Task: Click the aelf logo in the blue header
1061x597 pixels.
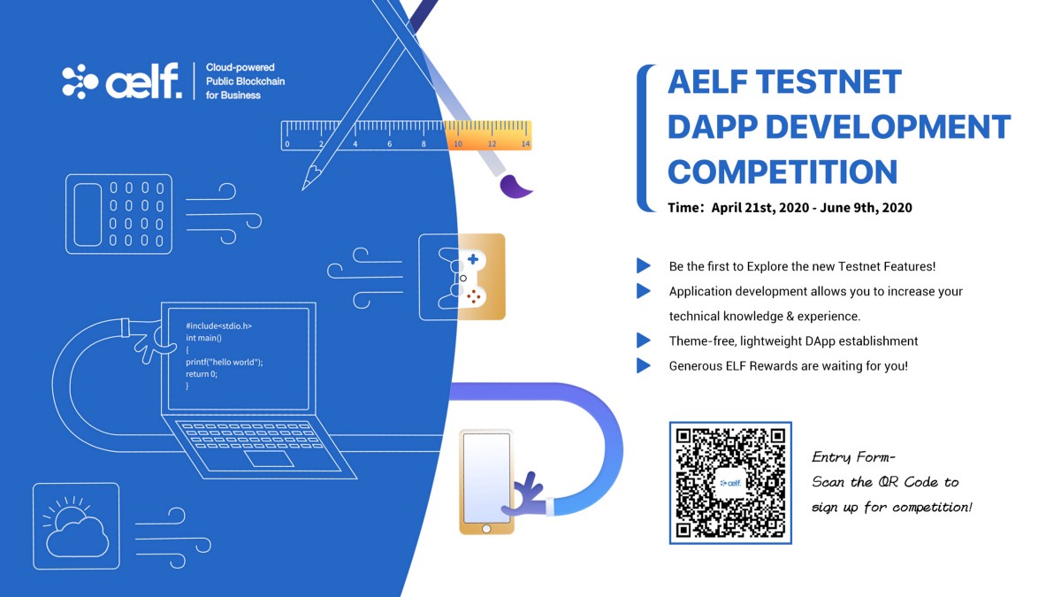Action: point(122,81)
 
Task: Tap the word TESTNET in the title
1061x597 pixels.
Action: point(829,81)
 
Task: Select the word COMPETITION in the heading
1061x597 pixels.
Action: point(782,172)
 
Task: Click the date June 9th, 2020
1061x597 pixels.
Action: point(866,208)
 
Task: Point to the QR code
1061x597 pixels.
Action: point(730,483)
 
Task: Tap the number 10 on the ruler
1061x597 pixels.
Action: point(458,144)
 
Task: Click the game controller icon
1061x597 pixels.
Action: point(462,277)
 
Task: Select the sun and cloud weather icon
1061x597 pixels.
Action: point(76,526)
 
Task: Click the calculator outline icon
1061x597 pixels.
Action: point(118,214)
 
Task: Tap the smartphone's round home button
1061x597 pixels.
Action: point(486,528)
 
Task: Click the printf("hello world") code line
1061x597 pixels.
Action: point(224,362)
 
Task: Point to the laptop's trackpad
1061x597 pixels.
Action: point(269,459)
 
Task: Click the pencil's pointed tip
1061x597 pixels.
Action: point(303,188)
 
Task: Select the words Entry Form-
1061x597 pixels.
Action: point(853,457)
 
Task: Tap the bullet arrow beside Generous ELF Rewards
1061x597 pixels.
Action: point(644,365)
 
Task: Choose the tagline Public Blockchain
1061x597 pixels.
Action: point(246,81)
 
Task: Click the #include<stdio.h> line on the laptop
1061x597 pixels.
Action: point(219,326)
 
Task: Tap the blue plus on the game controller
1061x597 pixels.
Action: point(473,258)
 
